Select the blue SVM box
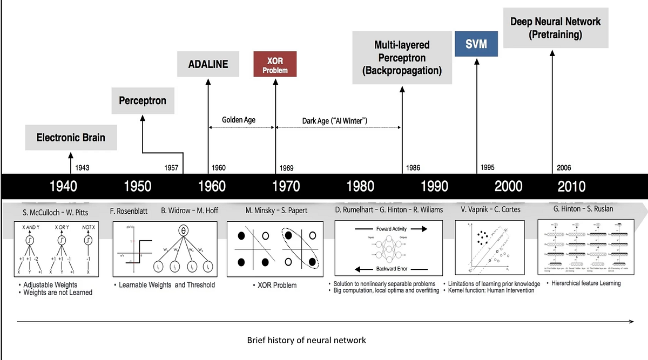[x=476, y=44]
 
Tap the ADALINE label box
[x=208, y=64]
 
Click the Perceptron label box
[x=143, y=100]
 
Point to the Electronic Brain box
[x=70, y=137]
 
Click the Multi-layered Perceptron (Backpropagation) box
[x=402, y=57]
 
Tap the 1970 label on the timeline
[x=286, y=186]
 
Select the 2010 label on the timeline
[x=571, y=186]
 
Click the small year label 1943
[x=82, y=168]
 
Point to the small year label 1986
[x=413, y=168]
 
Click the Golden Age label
[x=239, y=120]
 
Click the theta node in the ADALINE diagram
[x=183, y=230]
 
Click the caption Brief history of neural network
[x=306, y=340]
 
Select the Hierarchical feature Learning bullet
[x=585, y=283]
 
